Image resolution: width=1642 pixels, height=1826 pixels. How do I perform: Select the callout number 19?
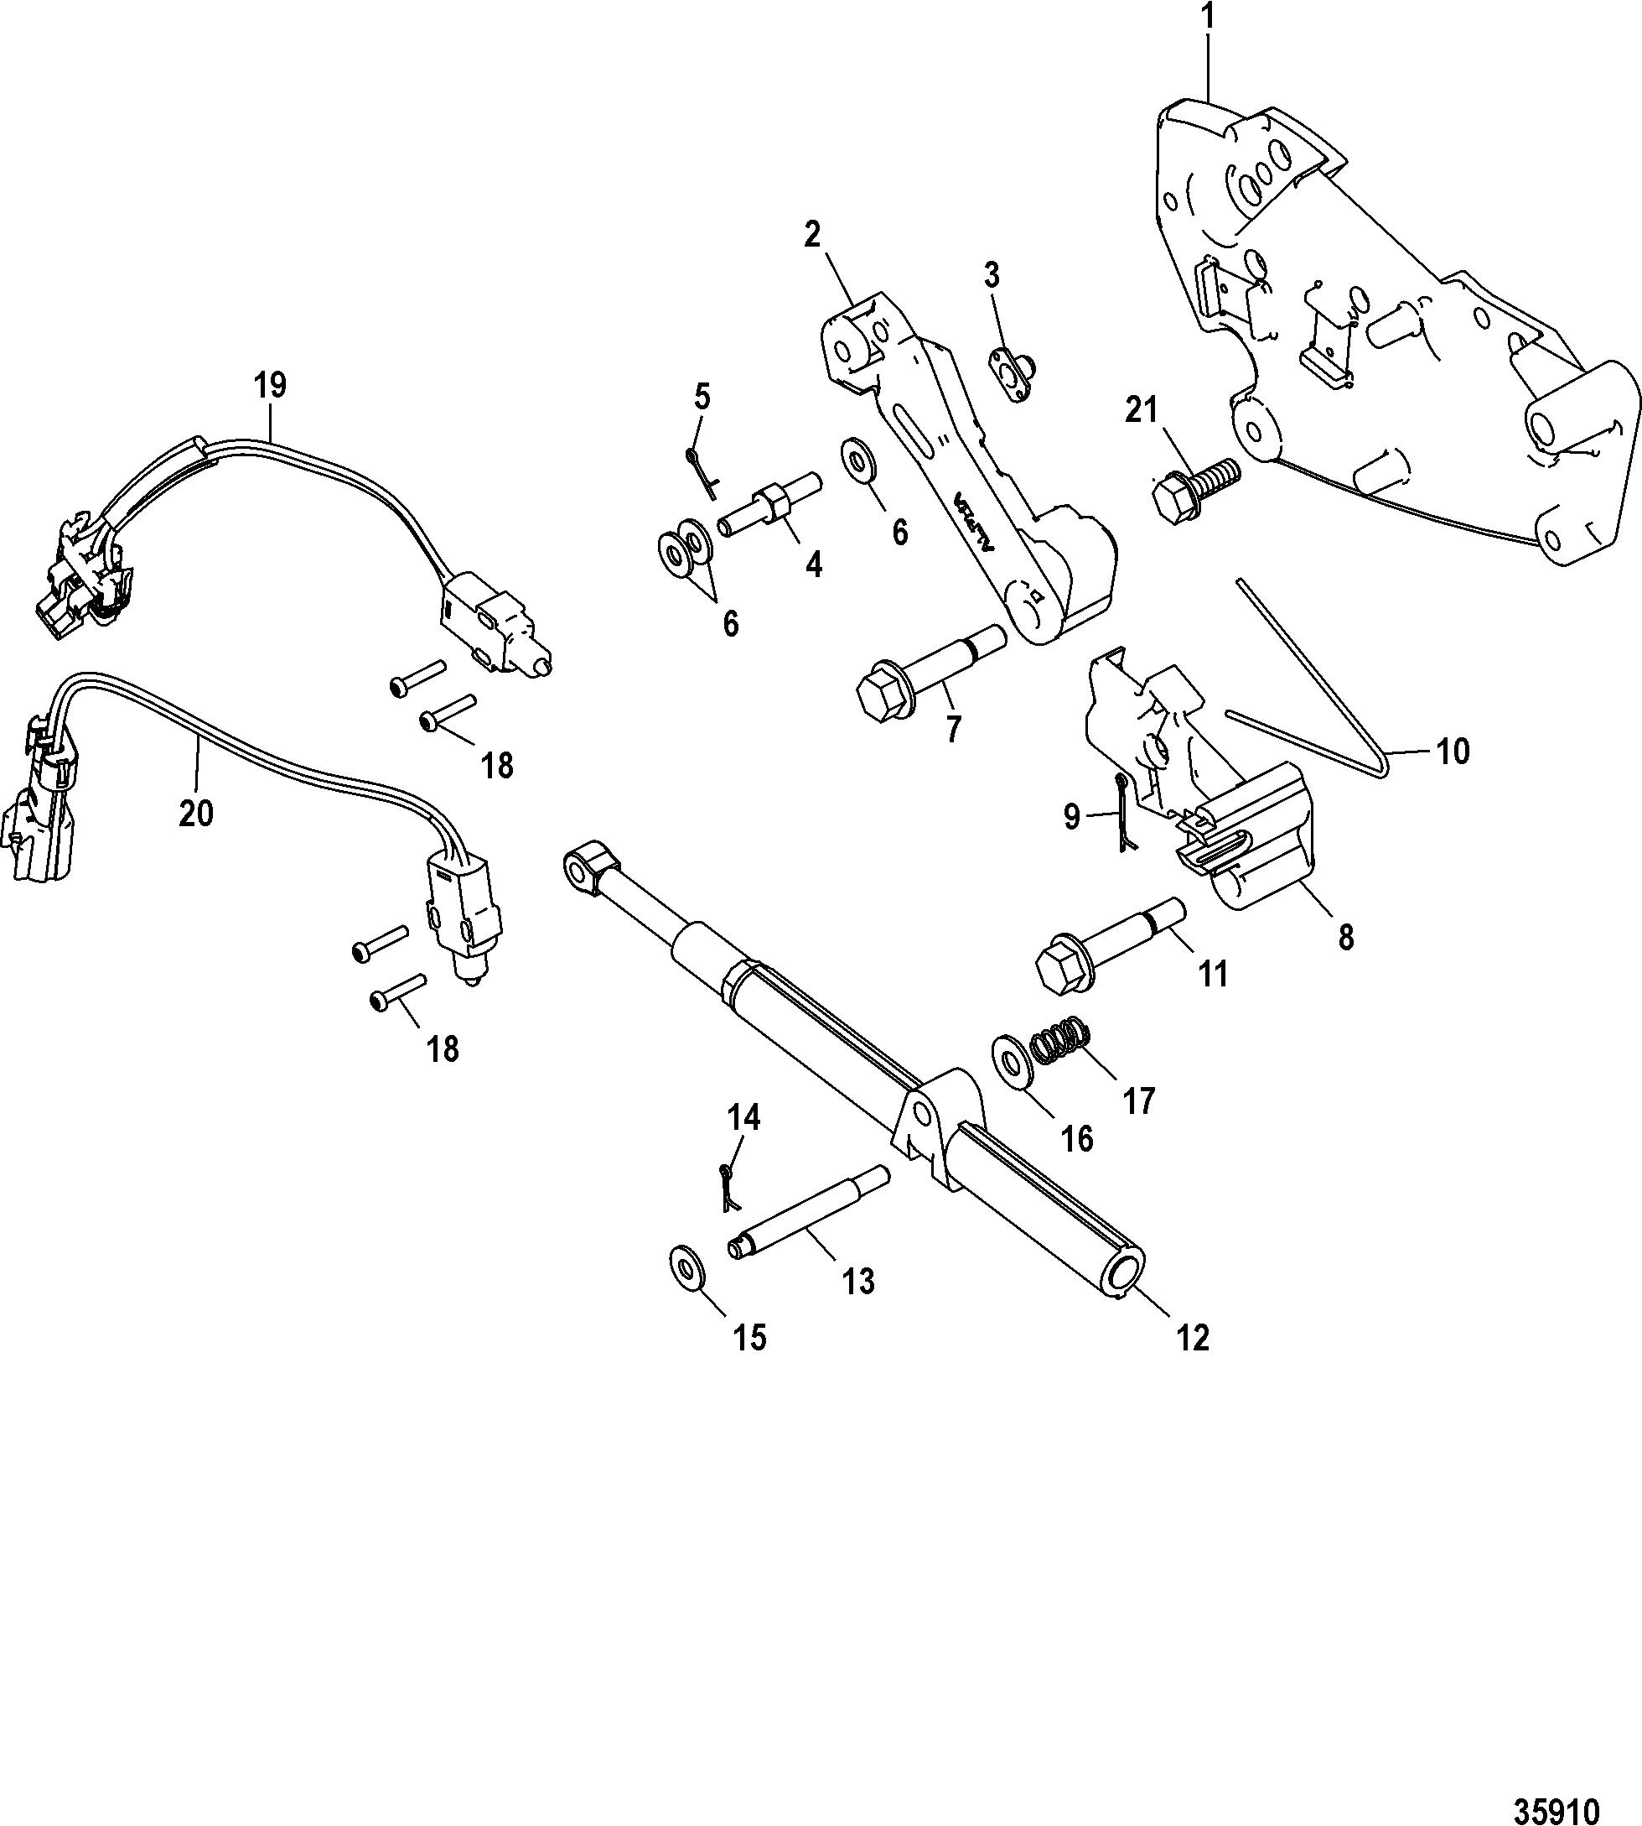click(x=270, y=386)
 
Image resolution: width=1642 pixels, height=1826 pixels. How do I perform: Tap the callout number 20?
click(x=196, y=814)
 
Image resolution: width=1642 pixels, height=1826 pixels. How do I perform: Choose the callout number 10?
click(x=1452, y=751)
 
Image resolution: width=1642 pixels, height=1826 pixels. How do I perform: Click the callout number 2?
click(x=812, y=236)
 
